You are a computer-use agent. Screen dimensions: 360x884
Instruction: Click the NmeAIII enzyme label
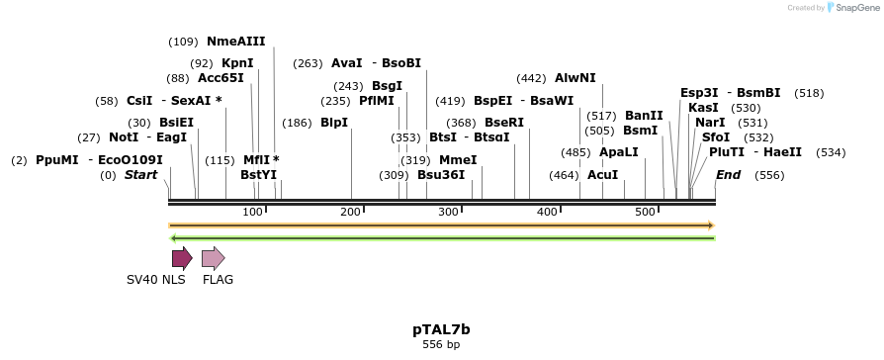pyautogui.click(x=235, y=42)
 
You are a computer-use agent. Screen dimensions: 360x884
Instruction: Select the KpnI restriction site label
pyautogui.click(x=237, y=62)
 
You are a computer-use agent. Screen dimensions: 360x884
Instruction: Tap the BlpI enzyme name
pyautogui.click(x=334, y=123)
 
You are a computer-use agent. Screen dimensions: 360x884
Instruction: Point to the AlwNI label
pyautogui.click(x=575, y=77)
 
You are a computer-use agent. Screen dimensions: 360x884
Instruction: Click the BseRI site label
pyautogui.click(x=504, y=123)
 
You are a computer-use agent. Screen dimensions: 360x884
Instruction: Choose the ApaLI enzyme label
pyautogui.click(x=619, y=152)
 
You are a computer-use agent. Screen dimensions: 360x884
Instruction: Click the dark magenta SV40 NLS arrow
pyautogui.click(x=182, y=259)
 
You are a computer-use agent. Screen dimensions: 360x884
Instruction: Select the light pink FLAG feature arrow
pyautogui.click(x=213, y=259)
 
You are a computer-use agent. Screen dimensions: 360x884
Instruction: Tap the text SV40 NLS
pyautogui.click(x=156, y=280)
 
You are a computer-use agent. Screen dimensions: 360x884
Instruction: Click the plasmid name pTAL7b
pyautogui.click(x=441, y=328)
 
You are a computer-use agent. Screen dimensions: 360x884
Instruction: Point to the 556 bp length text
pyautogui.click(x=441, y=345)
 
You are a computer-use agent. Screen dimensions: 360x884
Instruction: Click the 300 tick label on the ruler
pyautogui.click(x=450, y=213)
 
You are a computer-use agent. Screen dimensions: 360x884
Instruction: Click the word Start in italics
pyautogui.click(x=140, y=175)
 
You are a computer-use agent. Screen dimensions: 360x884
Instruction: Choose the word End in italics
pyautogui.click(x=728, y=175)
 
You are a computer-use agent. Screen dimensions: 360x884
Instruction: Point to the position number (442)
pyautogui.click(x=531, y=77)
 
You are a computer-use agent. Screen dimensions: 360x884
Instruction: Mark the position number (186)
pyautogui.click(x=297, y=123)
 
